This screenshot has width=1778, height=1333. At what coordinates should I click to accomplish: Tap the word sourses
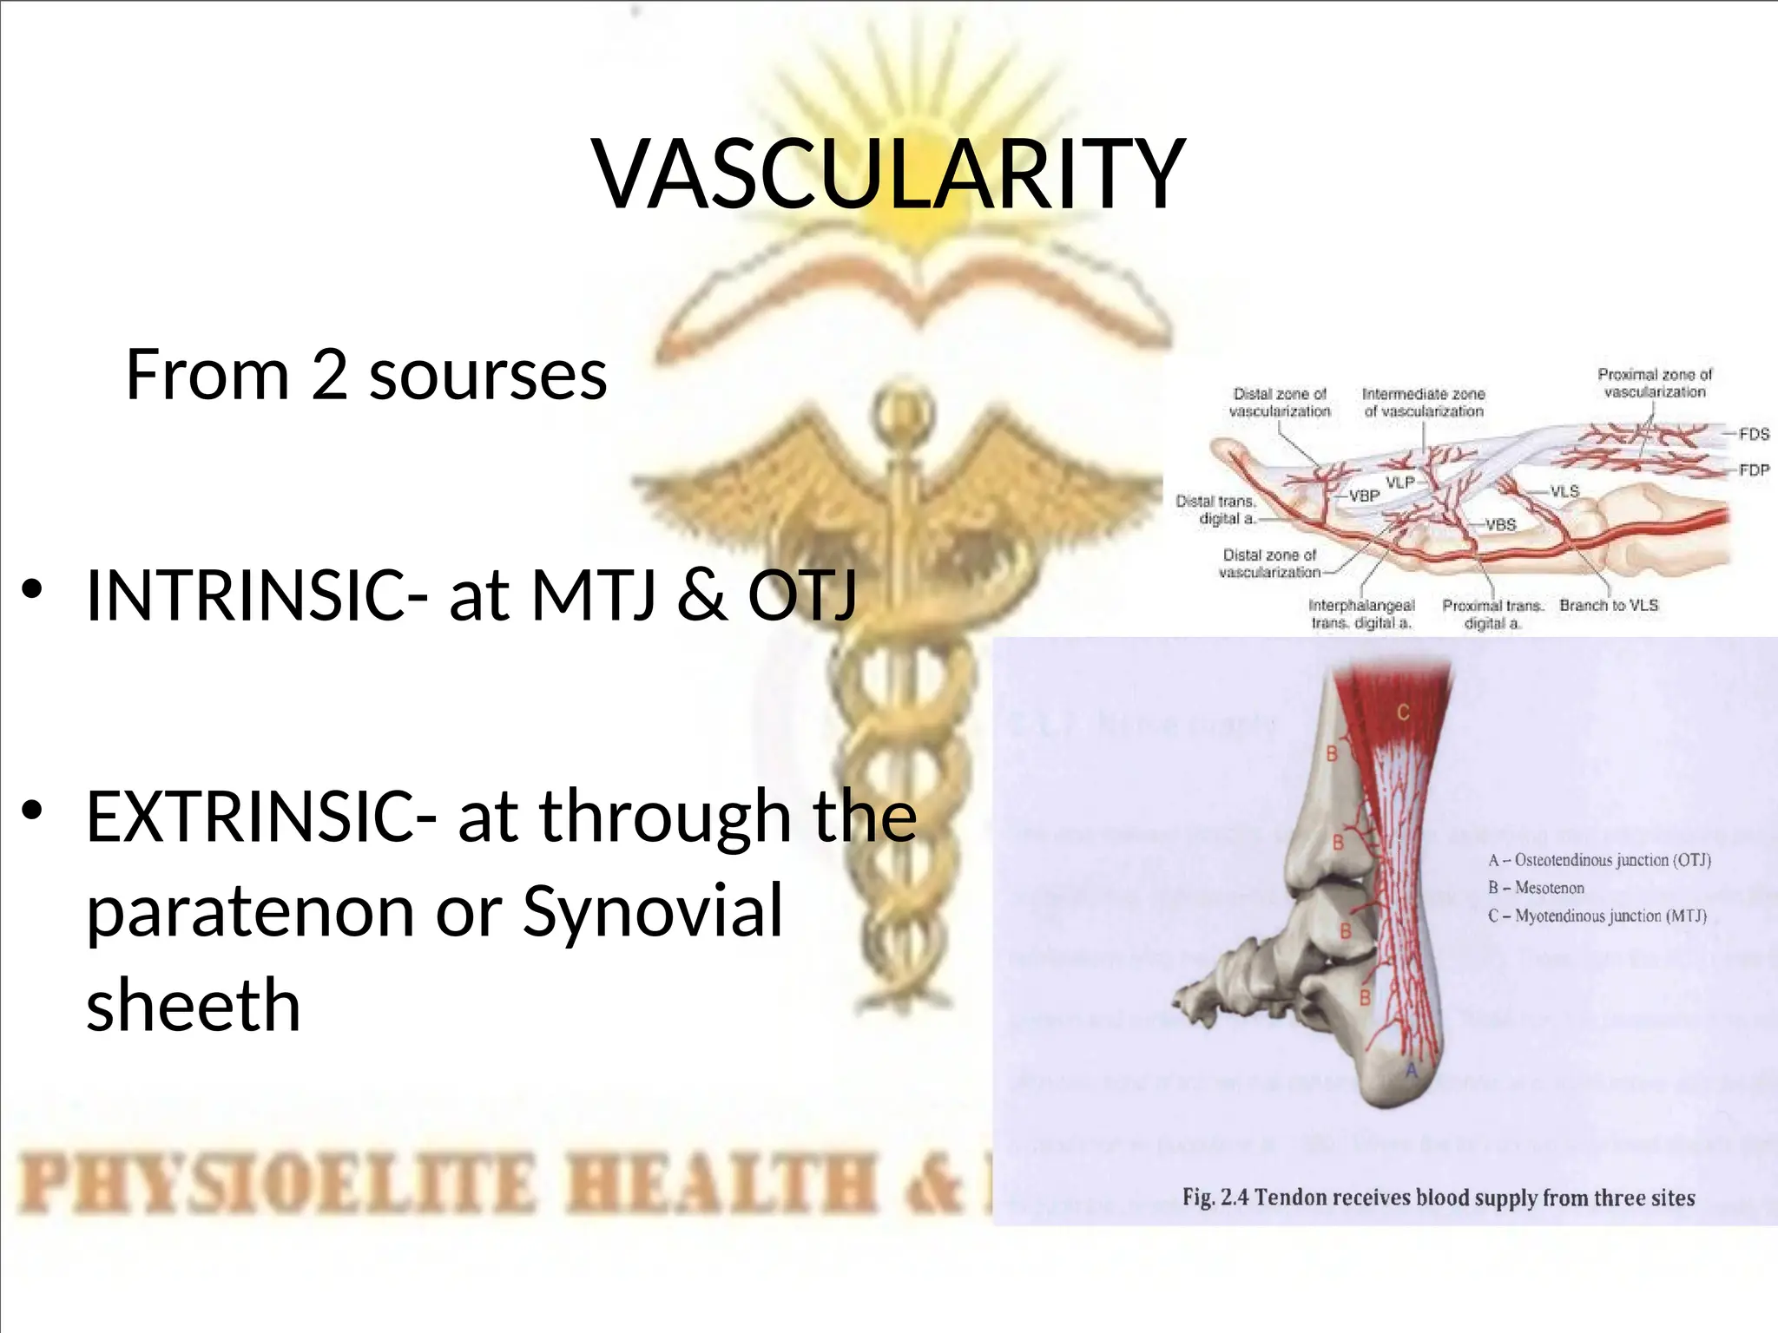(x=488, y=375)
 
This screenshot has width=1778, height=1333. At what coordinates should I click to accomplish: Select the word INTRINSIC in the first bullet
(x=245, y=595)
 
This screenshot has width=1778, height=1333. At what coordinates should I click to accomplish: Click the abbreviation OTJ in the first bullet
(x=802, y=595)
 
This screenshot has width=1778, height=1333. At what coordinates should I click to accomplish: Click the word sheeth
(x=193, y=1005)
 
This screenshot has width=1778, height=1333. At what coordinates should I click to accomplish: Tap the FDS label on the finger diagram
(x=1754, y=434)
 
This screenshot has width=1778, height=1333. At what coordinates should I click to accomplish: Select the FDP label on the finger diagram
(x=1754, y=470)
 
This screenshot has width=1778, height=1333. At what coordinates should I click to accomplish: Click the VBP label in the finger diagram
(x=1364, y=496)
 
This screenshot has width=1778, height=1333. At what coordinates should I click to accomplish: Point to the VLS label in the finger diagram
(x=1564, y=491)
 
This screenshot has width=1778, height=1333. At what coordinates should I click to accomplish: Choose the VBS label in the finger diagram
(x=1500, y=525)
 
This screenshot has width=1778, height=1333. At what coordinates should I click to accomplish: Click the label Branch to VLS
(x=1608, y=605)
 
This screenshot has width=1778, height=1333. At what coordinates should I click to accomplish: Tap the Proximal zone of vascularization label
(x=1655, y=383)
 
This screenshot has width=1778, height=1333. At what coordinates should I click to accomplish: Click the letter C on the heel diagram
(x=1403, y=712)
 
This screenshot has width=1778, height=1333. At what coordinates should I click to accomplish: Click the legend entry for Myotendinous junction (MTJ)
(x=1597, y=916)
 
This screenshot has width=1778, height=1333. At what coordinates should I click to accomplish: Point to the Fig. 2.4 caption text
(x=1438, y=1198)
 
